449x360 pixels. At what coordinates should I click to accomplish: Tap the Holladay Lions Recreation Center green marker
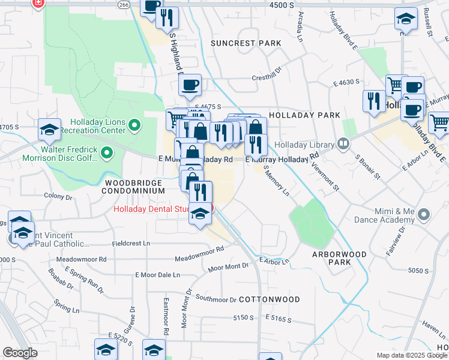pyautogui.click(x=134, y=126)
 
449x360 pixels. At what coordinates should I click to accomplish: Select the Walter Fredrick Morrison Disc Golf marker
pyautogui.click(x=107, y=154)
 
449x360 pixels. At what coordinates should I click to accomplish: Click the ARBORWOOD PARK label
pyautogui.click(x=339, y=259)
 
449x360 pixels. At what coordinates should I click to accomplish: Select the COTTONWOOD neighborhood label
pyautogui.click(x=269, y=299)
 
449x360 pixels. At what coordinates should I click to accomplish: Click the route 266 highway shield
pyautogui.click(x=124, y=4)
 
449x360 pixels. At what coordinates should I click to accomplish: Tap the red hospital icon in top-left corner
pyautogui.click(x=38, y=4)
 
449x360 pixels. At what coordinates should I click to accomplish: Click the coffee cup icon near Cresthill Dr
pyautogui.click(x=190, y=85)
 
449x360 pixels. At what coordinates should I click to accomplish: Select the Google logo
pyautogui.click(x=20, y=353)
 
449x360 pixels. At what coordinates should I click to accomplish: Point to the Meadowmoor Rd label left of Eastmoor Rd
pyautogui.click(x=81, y=259)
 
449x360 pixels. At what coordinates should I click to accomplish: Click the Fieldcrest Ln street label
pyautogui.click(x=131, y=244)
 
